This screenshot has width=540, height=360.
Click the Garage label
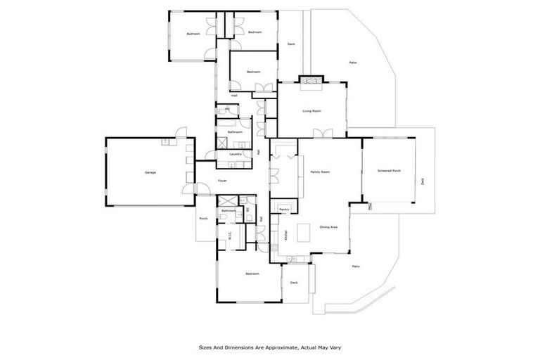click(150, 172)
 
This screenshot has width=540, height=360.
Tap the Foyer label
click(222, 181)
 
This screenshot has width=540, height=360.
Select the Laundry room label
click(236, 154)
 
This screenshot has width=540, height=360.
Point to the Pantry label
click(284, 210)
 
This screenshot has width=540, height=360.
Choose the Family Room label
click(321, 172)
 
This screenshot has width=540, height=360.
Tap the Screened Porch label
click(389, 171)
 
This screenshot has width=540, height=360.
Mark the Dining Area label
click(329, 227)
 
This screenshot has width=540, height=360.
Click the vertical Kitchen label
click(285, 237)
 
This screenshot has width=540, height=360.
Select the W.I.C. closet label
click(230, 236)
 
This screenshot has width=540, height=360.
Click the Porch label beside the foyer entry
click(203, 219)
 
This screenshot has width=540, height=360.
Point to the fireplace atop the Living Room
click(309, 82)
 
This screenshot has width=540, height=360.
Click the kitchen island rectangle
click(304, 233)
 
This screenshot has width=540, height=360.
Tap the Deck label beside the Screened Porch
click(423, 181)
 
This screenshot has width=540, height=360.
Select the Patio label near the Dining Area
click(356, 266)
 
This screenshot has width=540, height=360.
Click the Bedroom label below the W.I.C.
click(252, 274)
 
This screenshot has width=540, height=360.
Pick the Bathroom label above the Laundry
click(235, 132)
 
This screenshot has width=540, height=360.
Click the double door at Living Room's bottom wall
click(321, 134)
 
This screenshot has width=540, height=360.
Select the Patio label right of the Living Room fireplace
click(353, 63)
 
